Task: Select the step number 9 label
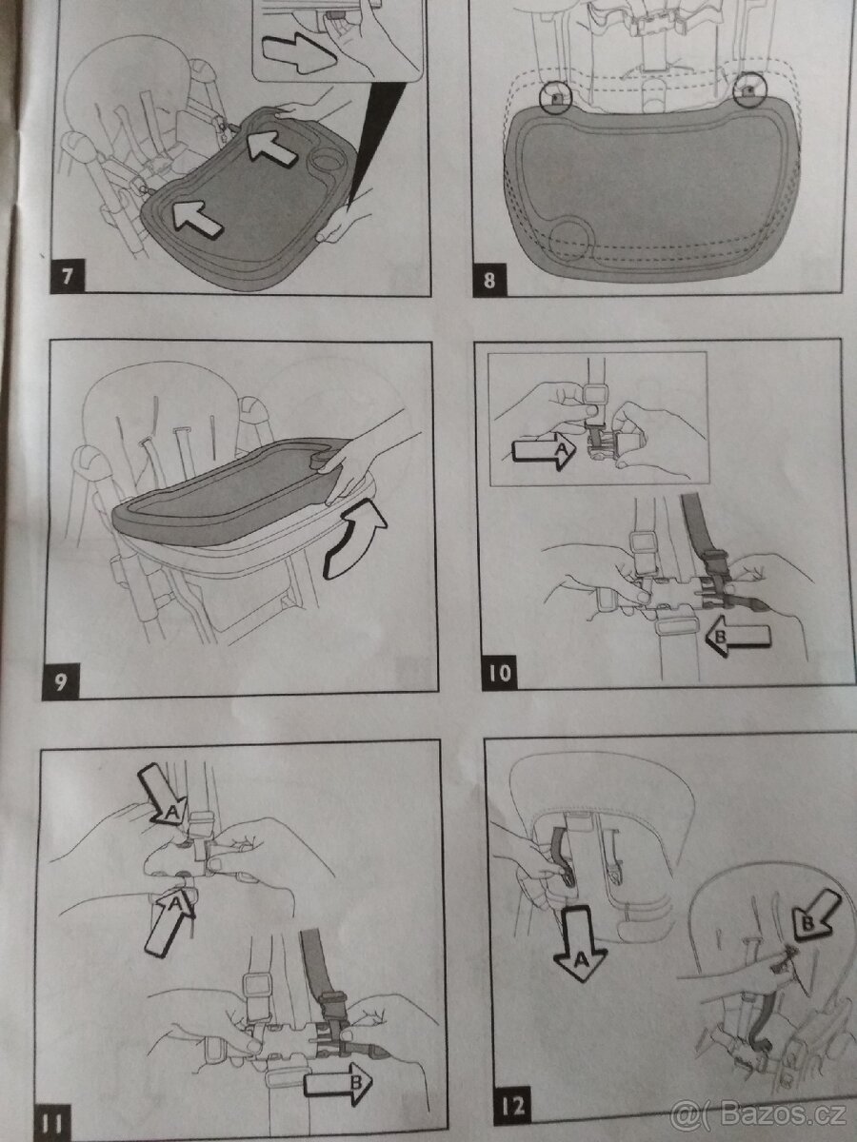(62, 683)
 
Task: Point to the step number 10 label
(502, 674)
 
